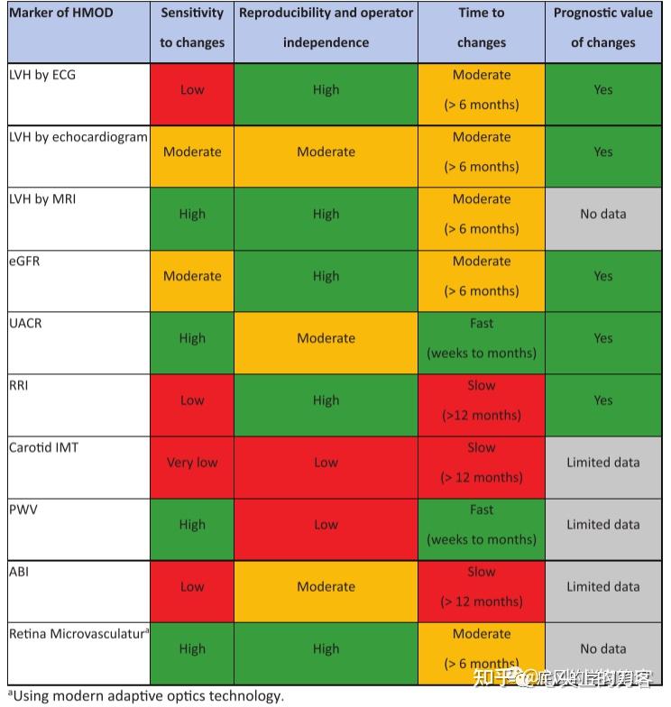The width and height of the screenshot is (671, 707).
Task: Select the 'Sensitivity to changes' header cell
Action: tap(191, 28)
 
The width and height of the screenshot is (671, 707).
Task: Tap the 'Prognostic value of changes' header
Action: tap(602, 28)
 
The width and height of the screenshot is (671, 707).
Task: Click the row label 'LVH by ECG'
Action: tap(42, 75)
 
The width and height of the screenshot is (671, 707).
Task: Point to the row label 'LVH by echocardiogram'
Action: tap(78, 137)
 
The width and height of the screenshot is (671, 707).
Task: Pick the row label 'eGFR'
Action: tap(24, 262)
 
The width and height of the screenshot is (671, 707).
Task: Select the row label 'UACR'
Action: tap(26, 323)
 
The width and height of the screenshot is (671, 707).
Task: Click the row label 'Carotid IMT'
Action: tap(43, 447)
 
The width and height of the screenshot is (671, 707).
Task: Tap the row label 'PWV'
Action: tap(24, 510)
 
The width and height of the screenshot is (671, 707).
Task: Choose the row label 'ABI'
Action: tap(19, 572)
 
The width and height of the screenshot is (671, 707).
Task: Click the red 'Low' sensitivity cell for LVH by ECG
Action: tap(191, 90)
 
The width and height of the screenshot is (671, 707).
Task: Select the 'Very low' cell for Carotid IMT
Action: tap(191, 463)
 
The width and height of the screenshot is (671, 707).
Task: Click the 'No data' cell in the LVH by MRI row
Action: tap(602, 215)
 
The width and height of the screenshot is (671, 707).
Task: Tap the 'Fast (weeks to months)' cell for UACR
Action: tap(481, 338)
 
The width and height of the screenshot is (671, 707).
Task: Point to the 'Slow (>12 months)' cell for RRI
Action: tap(481, 400)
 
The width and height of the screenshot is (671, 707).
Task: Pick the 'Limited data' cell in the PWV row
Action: tap(602, 525)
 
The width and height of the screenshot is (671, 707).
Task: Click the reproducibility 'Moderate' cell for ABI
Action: tap(326, 587)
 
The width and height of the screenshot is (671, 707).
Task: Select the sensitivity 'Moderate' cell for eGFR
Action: tap(191, 277)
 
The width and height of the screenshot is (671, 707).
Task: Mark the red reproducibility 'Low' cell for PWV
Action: tap(326, 525)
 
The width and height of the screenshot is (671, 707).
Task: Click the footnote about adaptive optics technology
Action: tap(145, 695)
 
